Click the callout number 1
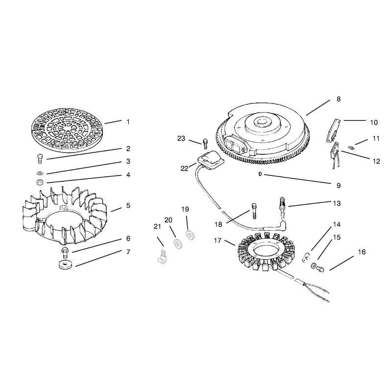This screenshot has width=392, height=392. click(128, 122)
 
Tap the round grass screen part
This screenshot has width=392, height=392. click(68, 130)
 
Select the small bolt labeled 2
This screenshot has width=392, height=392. click(40, 159)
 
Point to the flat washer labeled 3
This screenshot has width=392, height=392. click(40, 173)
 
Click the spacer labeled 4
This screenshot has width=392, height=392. click(40, 182)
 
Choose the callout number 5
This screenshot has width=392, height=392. click(128, 205)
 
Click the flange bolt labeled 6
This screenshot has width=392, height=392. click(65, 251)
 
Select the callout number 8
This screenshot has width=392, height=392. click(339, 99)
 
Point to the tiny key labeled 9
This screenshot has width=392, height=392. click(260, 174)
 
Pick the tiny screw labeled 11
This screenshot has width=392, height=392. click(351, 148)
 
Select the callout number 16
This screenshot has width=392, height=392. click(362, 252)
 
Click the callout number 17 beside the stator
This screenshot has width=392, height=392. click(218, 241)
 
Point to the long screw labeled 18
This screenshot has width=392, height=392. click(254, 211)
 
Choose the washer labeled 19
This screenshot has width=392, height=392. click(191, 235)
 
